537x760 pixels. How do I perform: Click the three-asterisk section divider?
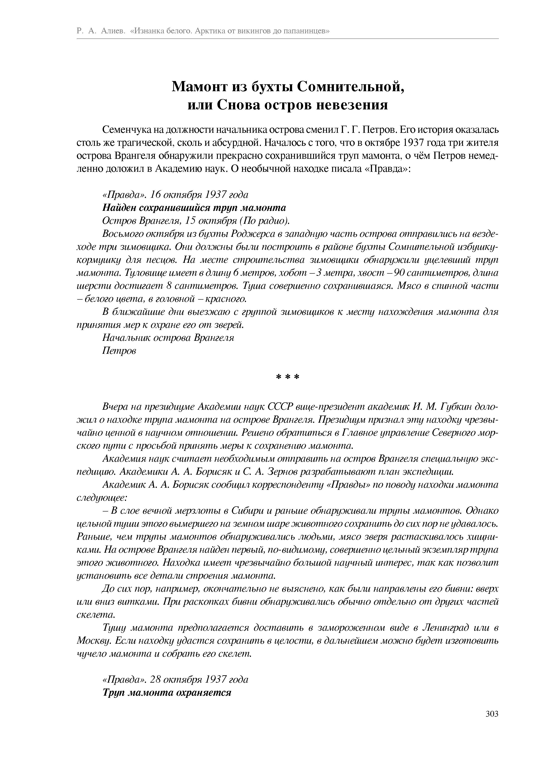click(x=287, y=377)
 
